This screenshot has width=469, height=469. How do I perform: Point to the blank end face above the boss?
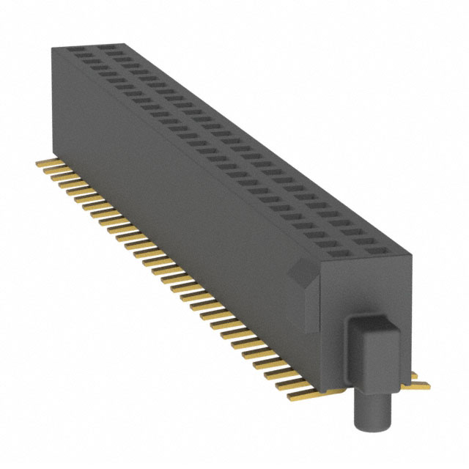(366, 289)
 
